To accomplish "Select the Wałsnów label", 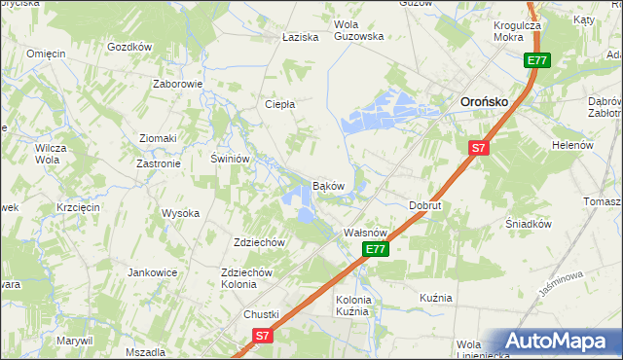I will (367, 234).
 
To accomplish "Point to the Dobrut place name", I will (424, 206).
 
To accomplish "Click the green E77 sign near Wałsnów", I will (377, 250).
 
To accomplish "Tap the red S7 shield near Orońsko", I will (477, 148).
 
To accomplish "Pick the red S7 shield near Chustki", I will (262, 336).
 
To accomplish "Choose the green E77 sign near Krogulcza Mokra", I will (537, 60).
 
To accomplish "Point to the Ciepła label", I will (280, 104).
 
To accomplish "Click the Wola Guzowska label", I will (358, 30).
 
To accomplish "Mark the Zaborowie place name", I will (177, 84).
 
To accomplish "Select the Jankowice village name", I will (150, 273).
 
